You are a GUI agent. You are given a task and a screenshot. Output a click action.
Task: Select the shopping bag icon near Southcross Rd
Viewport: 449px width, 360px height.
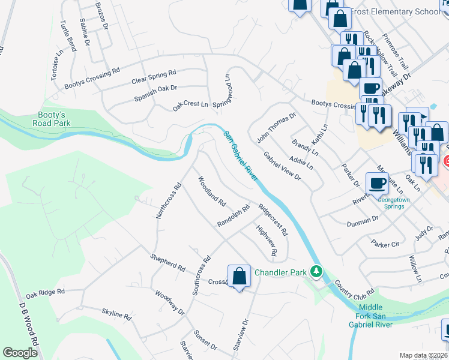tap(239, 277)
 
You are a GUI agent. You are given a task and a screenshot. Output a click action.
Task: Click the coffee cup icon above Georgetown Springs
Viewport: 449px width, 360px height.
tap(377, 183)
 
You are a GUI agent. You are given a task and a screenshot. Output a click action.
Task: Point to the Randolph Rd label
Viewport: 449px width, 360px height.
tap(233, 216)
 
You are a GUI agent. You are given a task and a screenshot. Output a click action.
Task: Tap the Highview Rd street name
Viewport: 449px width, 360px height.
tap(266, 241)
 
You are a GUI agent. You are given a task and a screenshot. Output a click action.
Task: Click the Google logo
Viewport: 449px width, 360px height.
tap(20, 353)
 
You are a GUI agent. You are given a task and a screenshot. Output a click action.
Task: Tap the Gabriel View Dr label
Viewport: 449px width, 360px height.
tap(282, 166)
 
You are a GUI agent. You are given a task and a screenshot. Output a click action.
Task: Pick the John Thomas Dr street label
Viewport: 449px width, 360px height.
tap(277, 127)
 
